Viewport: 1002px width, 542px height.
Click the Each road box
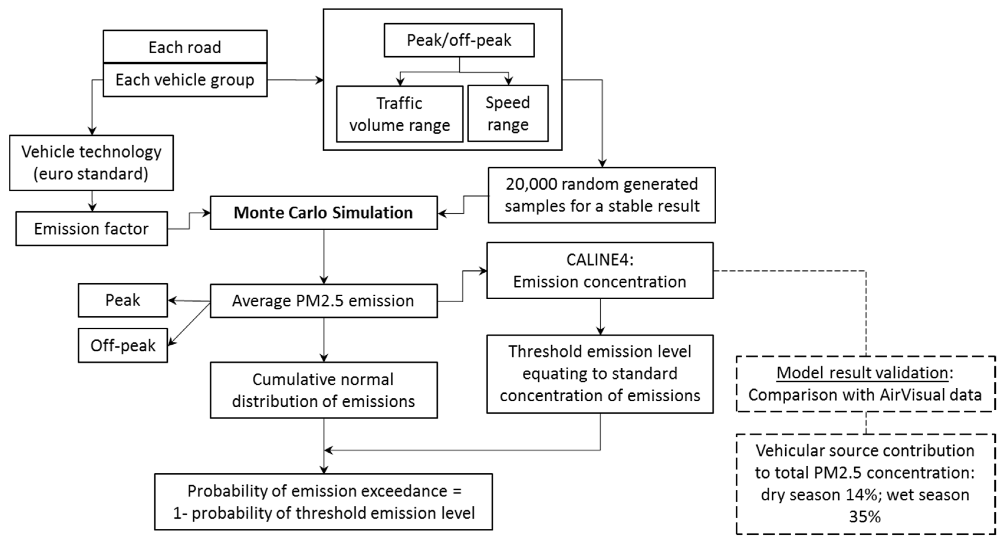(x=185, y=47)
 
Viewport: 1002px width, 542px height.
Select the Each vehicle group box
(x=185, y=80)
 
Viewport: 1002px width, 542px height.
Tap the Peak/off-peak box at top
(x=459, y=40)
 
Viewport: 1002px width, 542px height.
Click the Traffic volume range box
(x=399, y=114)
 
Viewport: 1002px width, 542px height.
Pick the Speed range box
(x=508, y=113)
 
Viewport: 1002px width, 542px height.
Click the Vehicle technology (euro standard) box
(x=91, y=163)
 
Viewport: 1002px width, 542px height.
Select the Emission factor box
(x=91, y=229)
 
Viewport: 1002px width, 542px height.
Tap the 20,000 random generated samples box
(x=602, y=195)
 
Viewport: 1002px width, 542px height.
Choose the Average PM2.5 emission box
(x=324, y=301)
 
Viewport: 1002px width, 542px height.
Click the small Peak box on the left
(x=123, y=300)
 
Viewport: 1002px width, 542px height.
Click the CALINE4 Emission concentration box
(x=600, y=270)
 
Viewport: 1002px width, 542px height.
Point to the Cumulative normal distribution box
(x=324, y=390)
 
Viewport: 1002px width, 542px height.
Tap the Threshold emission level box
(x=600, y=374)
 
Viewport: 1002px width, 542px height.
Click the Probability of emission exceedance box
(x=324, y=502)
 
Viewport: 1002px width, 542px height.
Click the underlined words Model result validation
(x=862, y=373)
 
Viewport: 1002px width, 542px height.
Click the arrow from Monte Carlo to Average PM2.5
(x=324, y=257)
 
